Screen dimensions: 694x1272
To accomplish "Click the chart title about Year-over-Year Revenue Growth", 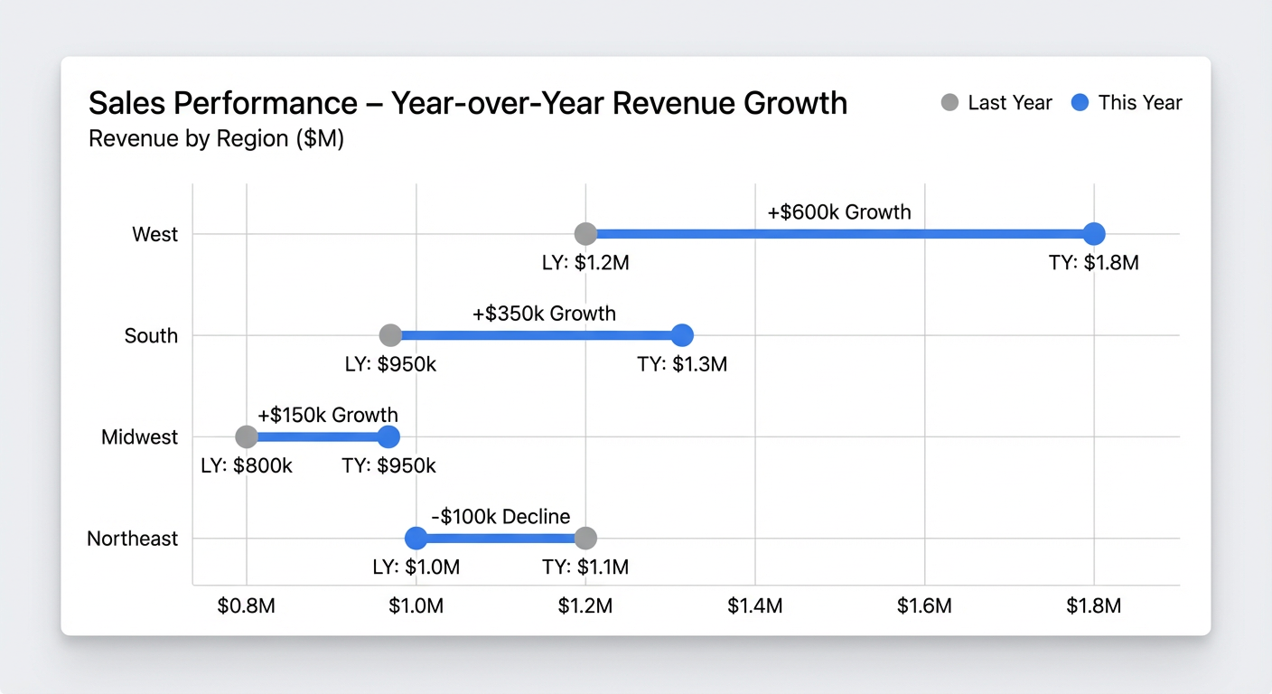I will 468,104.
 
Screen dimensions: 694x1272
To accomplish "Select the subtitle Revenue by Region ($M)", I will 216,140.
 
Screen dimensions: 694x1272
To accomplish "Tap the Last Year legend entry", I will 996,103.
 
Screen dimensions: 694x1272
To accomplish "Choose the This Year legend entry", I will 1127,103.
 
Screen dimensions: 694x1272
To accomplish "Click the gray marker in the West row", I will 585,234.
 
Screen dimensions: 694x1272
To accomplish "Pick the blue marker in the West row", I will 1094,234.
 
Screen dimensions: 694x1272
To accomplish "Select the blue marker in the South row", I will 682,335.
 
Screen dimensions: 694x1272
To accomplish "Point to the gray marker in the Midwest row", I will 247,437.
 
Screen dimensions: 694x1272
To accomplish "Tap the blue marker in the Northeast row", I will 416,539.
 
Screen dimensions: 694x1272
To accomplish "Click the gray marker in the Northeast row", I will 585,539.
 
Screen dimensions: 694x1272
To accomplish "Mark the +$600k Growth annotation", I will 839,212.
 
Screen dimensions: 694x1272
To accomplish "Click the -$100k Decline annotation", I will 500,517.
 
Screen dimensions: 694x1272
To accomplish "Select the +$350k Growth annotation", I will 544,314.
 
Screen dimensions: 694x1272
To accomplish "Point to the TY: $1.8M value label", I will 1094,263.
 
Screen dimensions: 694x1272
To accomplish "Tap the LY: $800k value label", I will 247,466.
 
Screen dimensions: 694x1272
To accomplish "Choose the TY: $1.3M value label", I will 682,364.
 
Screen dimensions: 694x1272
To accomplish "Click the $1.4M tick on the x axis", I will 755,605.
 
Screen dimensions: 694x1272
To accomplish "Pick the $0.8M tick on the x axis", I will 247,605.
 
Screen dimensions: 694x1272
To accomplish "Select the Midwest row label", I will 140,437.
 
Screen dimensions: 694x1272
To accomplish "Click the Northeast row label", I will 133,539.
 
